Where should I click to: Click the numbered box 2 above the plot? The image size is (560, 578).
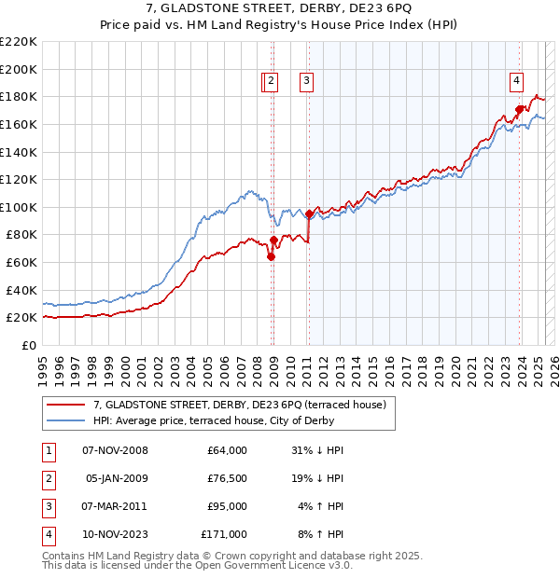click(270, 82)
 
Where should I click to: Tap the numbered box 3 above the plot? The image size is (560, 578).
click(306, 82)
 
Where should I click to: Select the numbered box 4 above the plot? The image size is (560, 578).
click(516, 82)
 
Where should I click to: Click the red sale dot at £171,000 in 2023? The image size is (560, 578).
click(519, 109)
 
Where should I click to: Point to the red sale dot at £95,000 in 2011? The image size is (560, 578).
click(309, 214)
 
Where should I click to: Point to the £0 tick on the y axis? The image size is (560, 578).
click(29, 345)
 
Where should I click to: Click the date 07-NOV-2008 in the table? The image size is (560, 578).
click(115, 450)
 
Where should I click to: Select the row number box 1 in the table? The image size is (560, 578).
click(48, 450)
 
